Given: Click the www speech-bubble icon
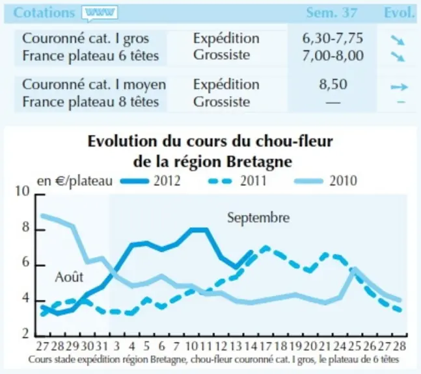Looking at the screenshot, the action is tap(100, 13).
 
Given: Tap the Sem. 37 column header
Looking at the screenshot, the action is tap(332, 12).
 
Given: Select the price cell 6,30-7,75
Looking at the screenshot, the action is tap(333, 38).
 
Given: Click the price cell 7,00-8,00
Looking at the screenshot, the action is tap(333, 55).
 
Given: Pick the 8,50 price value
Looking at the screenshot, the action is tap(333, 84).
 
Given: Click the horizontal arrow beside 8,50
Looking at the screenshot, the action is tap(400, 87).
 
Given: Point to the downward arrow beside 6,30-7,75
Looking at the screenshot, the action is tap(398, 40).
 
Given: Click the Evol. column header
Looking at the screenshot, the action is tap(400, 12).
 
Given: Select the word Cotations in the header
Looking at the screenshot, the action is tap(44, 12).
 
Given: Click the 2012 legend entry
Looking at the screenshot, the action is tap(150, 181).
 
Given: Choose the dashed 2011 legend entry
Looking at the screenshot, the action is tap(238, 181).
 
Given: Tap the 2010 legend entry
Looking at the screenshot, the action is tap(326, 181).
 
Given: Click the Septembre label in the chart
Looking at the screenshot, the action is tap(258, 218).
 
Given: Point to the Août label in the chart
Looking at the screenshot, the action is tap(69, 277).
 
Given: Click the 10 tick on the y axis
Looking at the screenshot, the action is tap(23, 192).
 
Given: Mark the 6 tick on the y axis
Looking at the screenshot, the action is tap(25, 262).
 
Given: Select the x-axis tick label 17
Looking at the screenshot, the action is tap(265, 346).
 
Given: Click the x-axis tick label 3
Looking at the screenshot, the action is tap(116, 346).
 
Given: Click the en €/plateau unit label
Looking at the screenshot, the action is tap(75, 181).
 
